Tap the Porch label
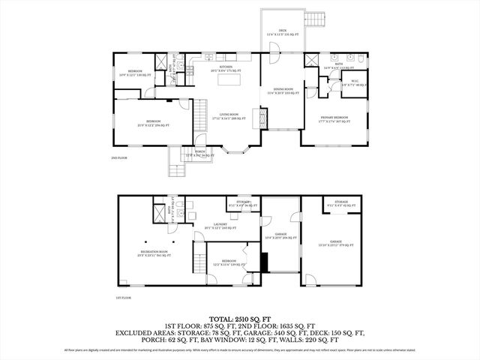click(x=200, y=153)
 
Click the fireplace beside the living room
click(x=262, y=117)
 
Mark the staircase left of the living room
click(x=200, y=115)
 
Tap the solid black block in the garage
click(x=264, y=261)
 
